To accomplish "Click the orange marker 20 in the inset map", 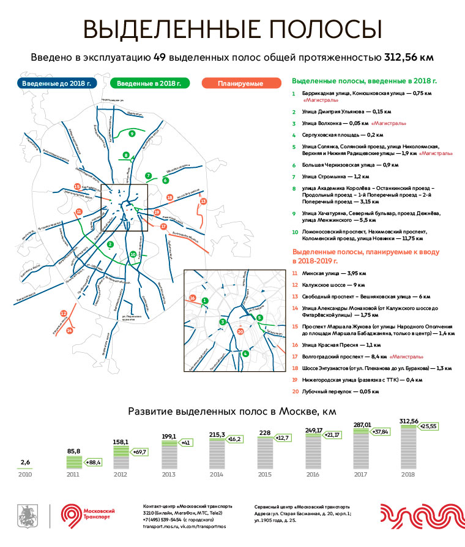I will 240,331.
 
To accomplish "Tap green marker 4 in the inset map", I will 245,353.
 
